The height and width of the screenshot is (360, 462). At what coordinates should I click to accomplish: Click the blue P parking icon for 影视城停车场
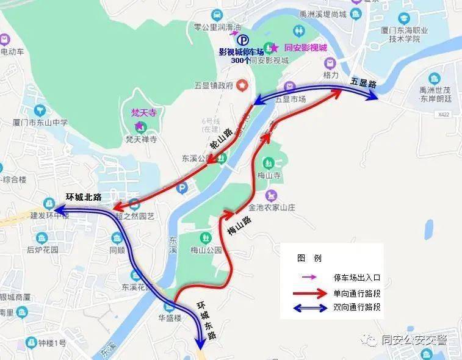pos(243,40)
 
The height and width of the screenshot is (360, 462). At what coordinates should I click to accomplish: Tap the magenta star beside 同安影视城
pos(275,47)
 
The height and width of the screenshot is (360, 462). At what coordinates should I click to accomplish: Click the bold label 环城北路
pos(84,197)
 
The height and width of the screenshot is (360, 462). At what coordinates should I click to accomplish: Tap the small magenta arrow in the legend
pos(309,278)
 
